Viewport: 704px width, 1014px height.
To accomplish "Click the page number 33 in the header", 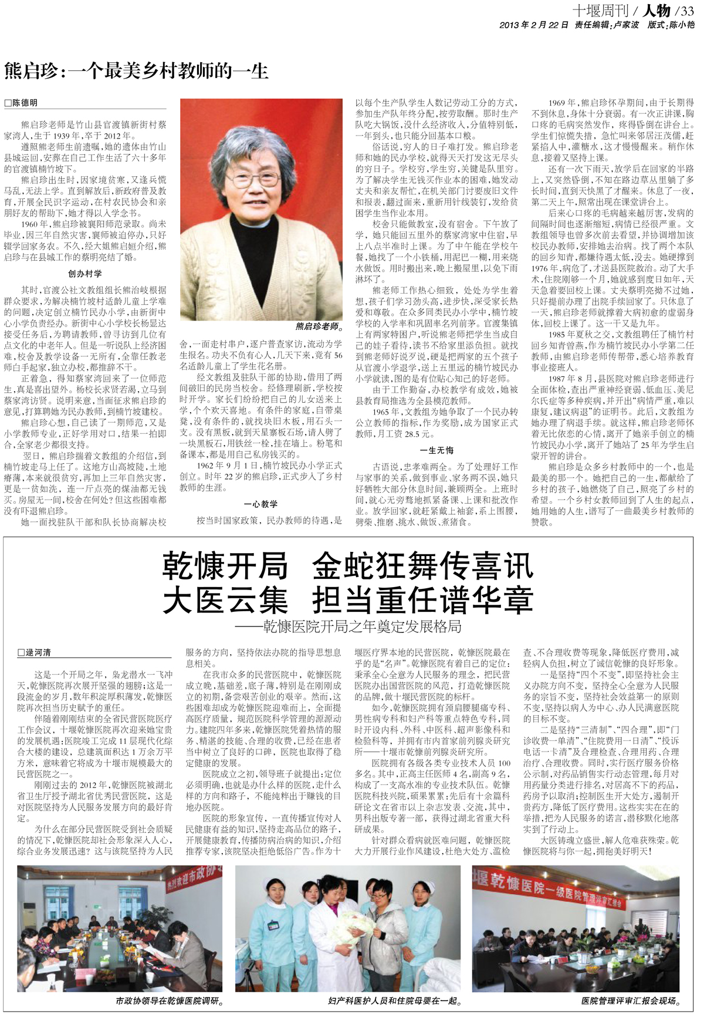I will [x=687, y=11].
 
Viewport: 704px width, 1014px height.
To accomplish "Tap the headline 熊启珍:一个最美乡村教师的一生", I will [x=136, y=71].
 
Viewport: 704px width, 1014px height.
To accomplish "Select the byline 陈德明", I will [x=25, y=103].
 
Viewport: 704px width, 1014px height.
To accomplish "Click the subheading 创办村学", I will [x=85, y=274].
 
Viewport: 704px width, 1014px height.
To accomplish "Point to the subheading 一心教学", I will [x=261, y=504].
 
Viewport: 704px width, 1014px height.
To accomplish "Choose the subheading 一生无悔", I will [x=437, y=450].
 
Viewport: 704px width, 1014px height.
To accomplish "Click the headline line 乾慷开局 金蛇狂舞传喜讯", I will [x=348, y=566].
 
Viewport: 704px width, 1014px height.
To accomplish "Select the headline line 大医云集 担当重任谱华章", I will [x=348, y=599].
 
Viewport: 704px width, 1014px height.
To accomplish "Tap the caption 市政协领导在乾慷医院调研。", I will [x=170, y=1000].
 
